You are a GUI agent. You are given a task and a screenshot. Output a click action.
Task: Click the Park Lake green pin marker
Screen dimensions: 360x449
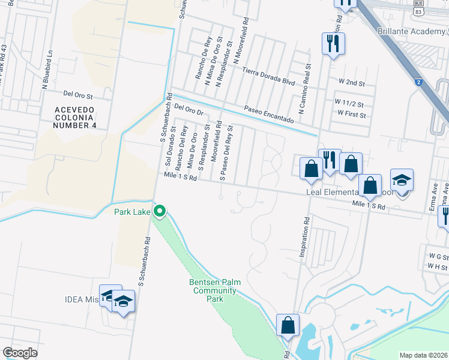pos(159,211)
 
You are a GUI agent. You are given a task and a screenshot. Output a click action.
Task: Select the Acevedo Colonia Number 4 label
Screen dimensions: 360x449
pos(75,117)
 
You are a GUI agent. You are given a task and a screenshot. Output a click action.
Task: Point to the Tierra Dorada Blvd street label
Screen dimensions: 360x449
pos(269,76)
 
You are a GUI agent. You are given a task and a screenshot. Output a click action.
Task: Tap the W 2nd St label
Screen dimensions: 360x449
pos(352,81)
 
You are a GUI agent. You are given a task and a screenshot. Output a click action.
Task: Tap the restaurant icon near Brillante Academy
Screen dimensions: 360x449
pos(333,44)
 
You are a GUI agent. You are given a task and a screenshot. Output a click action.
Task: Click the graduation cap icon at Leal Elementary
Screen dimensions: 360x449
pos(402,180)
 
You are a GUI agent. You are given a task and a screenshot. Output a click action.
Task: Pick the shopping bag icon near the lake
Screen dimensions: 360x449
pos(288,325)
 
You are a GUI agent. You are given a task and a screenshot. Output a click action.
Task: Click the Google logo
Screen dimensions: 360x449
pos(20,352)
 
